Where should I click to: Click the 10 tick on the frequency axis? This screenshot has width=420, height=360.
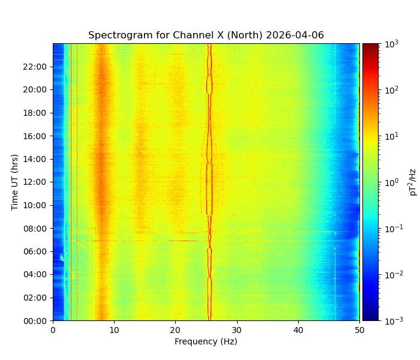coord(114,329)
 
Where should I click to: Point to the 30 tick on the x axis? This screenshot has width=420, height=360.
coord(237,329)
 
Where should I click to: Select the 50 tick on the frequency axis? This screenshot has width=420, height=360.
coord(359,329)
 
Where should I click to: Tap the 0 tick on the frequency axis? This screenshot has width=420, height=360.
coord(53,329)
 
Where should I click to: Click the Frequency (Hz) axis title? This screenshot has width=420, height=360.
coord(206,341)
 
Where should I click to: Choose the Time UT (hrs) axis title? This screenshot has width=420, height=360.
coord(15,182)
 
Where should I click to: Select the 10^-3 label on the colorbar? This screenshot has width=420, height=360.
coord(391,320)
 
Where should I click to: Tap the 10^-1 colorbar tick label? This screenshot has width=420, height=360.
coord(391,229)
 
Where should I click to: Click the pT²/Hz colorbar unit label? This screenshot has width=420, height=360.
coord(413,182)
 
